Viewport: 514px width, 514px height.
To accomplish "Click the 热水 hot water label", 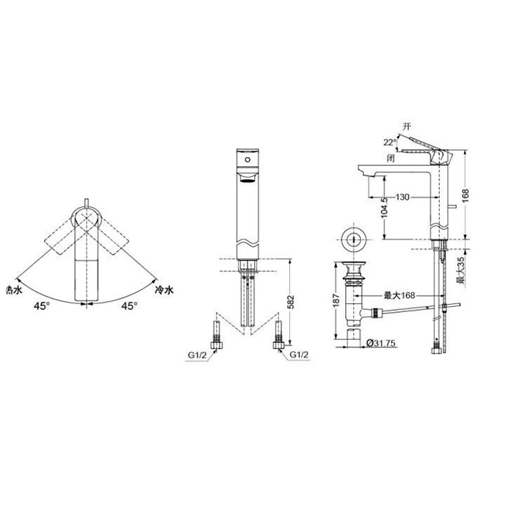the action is click(14, 290).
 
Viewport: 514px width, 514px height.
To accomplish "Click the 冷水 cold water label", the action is click(164, 290).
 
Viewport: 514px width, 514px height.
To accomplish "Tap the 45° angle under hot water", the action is click(42, 306).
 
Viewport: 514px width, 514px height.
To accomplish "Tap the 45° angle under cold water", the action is click(129, 306).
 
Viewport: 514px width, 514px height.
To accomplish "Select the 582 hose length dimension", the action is click(291, 302).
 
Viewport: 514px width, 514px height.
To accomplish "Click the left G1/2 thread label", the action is click(198, 355).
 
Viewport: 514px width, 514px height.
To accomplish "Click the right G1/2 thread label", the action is click(299, 355).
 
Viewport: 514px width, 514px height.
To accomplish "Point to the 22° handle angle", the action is click(390, 142).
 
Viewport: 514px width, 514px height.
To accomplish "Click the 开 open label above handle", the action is click(407, 126).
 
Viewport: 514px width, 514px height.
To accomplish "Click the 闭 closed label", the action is click(391, 159).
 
